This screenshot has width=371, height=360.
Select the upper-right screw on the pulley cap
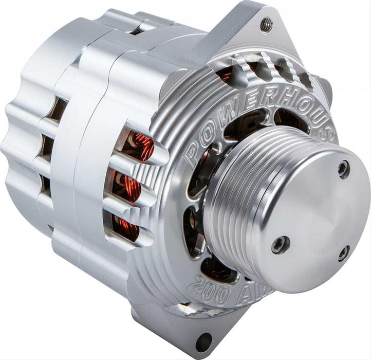coord(343,169)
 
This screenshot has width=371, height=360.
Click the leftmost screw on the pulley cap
coord(280,244)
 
